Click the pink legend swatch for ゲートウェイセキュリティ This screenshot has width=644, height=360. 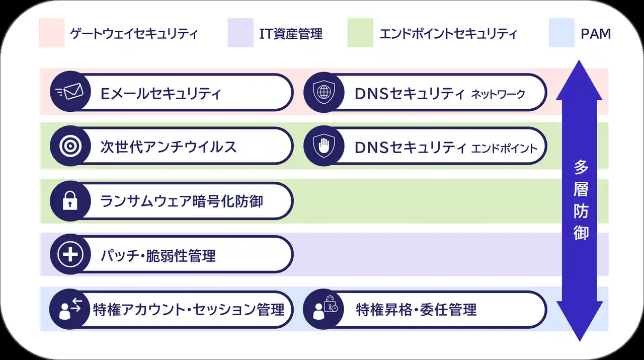(52, 33)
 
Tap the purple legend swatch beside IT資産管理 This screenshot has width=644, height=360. (240, 33)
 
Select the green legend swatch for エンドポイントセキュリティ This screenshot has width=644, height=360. (360, 33)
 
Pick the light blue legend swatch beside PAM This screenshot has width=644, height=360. (561, 33)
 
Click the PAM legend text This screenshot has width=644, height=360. (596, 34)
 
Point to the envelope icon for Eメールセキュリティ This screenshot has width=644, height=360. (70, 92)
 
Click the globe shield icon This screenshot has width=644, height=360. (324, 92)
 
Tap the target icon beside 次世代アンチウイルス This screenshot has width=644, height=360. (70, 146)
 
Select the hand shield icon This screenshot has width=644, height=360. (324, 146)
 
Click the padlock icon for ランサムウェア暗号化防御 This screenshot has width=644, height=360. (70, 200)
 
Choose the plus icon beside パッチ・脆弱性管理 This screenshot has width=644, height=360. (70, 254)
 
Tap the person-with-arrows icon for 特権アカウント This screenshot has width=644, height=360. (70, 309)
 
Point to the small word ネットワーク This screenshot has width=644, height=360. (498, 94)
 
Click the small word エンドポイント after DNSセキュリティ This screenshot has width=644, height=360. (504, 149)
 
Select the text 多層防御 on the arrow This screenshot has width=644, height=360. (581, 200)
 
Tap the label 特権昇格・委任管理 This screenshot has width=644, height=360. (416, 310)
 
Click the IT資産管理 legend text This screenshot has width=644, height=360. (291, 34)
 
